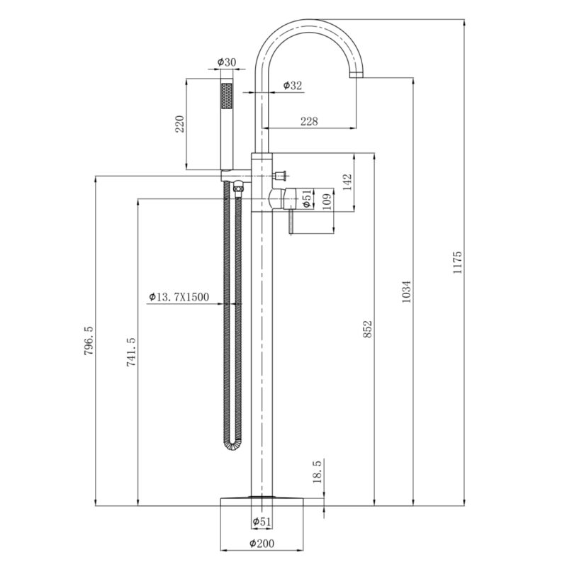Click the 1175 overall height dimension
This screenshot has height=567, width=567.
[457, 262]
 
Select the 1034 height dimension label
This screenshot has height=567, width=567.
[406, 291]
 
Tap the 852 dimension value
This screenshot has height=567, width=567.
[367, 329]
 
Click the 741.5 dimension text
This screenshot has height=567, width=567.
[131, 352]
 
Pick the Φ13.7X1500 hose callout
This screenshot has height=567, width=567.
[179, 297]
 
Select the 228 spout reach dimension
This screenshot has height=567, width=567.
[309, 120]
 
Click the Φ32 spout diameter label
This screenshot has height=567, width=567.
[292, 85]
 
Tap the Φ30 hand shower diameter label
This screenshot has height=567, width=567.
[226, 62]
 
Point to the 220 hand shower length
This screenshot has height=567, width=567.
[180, 123]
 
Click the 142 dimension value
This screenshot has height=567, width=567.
[347, 182]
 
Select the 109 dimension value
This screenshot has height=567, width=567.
[326, 202]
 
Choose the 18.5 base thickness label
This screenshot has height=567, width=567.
[317, 472]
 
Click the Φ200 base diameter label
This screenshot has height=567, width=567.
[262, 543]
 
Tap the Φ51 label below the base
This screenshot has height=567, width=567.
[262, 521]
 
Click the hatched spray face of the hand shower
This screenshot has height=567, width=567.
[227, 95]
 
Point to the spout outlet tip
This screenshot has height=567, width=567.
[357, 74]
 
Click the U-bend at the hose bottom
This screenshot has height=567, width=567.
[232, 445]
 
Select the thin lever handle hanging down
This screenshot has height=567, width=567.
[291, 221]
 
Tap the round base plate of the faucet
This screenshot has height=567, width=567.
[262, 502]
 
